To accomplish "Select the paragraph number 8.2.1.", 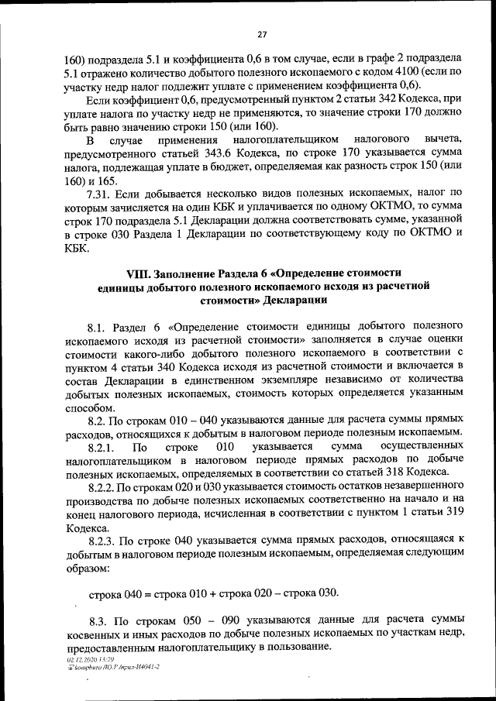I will [x=102, y=447].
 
